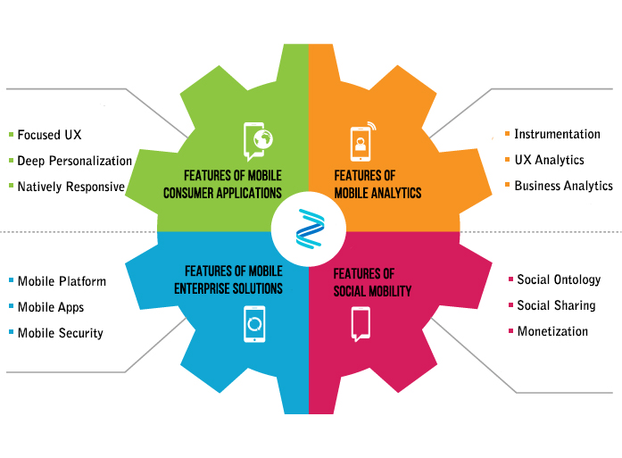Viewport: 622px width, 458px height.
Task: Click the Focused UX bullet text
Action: [49, 135]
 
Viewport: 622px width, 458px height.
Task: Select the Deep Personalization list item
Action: [74, 161]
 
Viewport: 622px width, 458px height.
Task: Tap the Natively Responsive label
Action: [70, 187]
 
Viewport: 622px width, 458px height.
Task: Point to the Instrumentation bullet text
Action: [557, 134]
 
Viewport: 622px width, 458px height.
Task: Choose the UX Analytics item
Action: [549, 160]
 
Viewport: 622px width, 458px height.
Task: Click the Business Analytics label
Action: [563, 186]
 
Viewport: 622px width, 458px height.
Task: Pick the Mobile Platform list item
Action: [62, 281]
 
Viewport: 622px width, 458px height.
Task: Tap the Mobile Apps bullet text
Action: [51, 307]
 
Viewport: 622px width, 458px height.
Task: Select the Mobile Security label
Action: [60, 333]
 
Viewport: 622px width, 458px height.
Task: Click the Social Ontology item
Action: [559, 279]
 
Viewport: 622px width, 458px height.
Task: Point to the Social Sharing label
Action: [556, 305]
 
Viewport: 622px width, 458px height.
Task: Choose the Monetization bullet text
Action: [552, 331]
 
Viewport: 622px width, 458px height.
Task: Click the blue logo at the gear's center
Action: [309, 229]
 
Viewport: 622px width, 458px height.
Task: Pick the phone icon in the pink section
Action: [361, 323]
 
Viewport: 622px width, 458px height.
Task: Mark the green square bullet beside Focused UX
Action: [11, 135]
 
